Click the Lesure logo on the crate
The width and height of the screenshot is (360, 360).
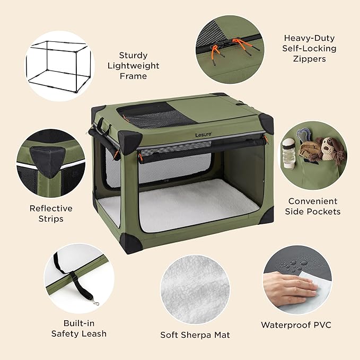(x=204, y=134)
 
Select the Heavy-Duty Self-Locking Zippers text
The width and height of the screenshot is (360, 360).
(x=304, y=48)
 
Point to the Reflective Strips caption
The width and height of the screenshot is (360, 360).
(x=51, y=213)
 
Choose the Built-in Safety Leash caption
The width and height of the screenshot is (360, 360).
(x=79, y=328)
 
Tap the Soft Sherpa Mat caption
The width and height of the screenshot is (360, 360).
(x=195, y=335)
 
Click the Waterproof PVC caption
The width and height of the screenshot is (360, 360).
(x=296, y=324)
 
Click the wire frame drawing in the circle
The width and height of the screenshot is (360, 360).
(x=59, y=66)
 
